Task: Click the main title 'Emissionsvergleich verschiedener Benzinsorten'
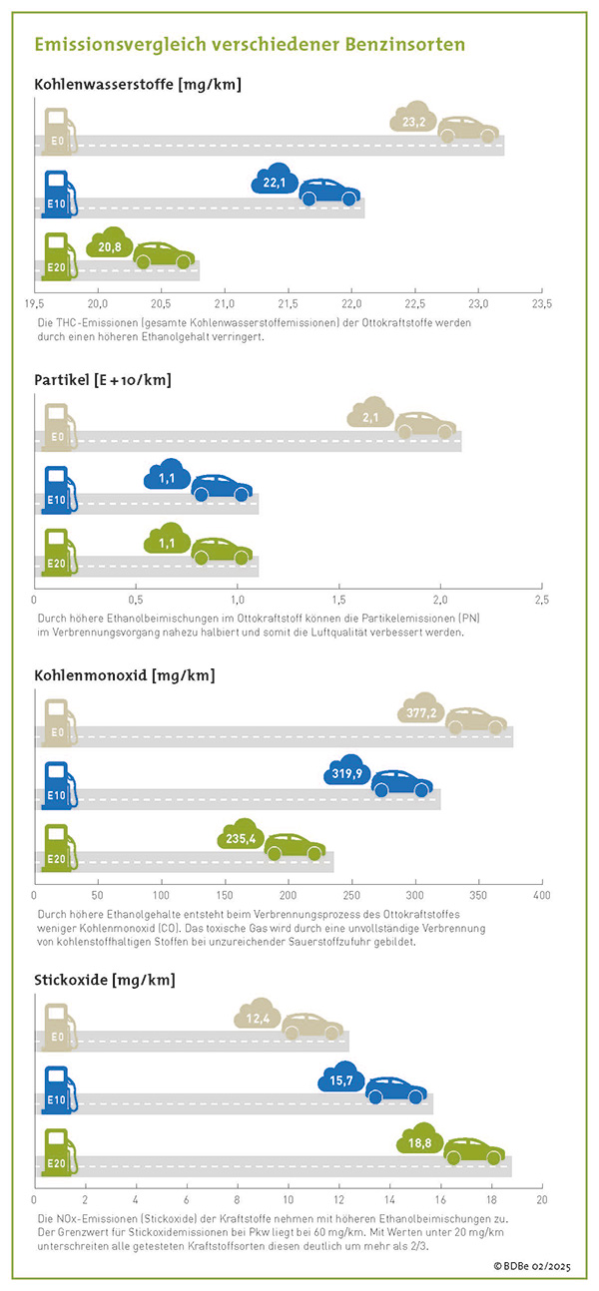pos(250,45)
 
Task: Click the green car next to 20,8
pos(164,255)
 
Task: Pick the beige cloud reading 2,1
pos(370,414)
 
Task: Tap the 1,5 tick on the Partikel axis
pos(338,600)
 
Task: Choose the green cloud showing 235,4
pos(240,836)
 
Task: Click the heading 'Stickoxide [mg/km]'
pos(105,980)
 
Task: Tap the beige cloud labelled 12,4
pos(259,1016)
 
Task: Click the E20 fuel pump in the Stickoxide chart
pos(57,1151)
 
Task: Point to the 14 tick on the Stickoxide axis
pos(389,1199)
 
